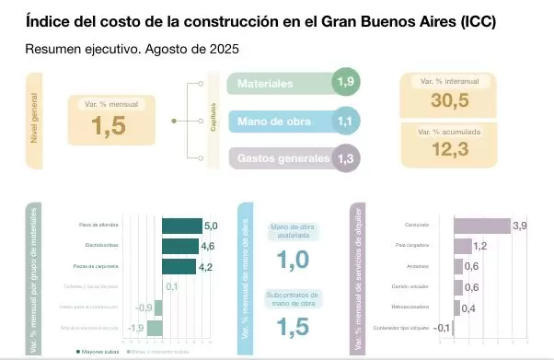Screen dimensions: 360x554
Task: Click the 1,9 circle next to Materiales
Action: pyautogui.click(x=346, y=83)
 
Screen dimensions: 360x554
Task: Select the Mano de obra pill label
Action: pyautogui.click(x=272, y=121)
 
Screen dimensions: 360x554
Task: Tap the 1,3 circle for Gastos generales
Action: pyautogui.click(x=346, y=157)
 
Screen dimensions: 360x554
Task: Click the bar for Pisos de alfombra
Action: pyautogui.click(x=181, y=226)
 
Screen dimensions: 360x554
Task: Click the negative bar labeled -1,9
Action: pyautogui.click(x=154, y=328)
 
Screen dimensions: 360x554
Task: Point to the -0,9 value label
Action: pyautogui.click(x=144, y=308)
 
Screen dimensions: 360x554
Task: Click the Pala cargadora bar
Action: pyautogui.click(x=462, y=246)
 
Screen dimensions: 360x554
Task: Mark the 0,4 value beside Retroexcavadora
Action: pyautogui.click(x=467, y=308)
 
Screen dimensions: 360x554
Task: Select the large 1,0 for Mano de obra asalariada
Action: pyautogui.click(x=292, y=261)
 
